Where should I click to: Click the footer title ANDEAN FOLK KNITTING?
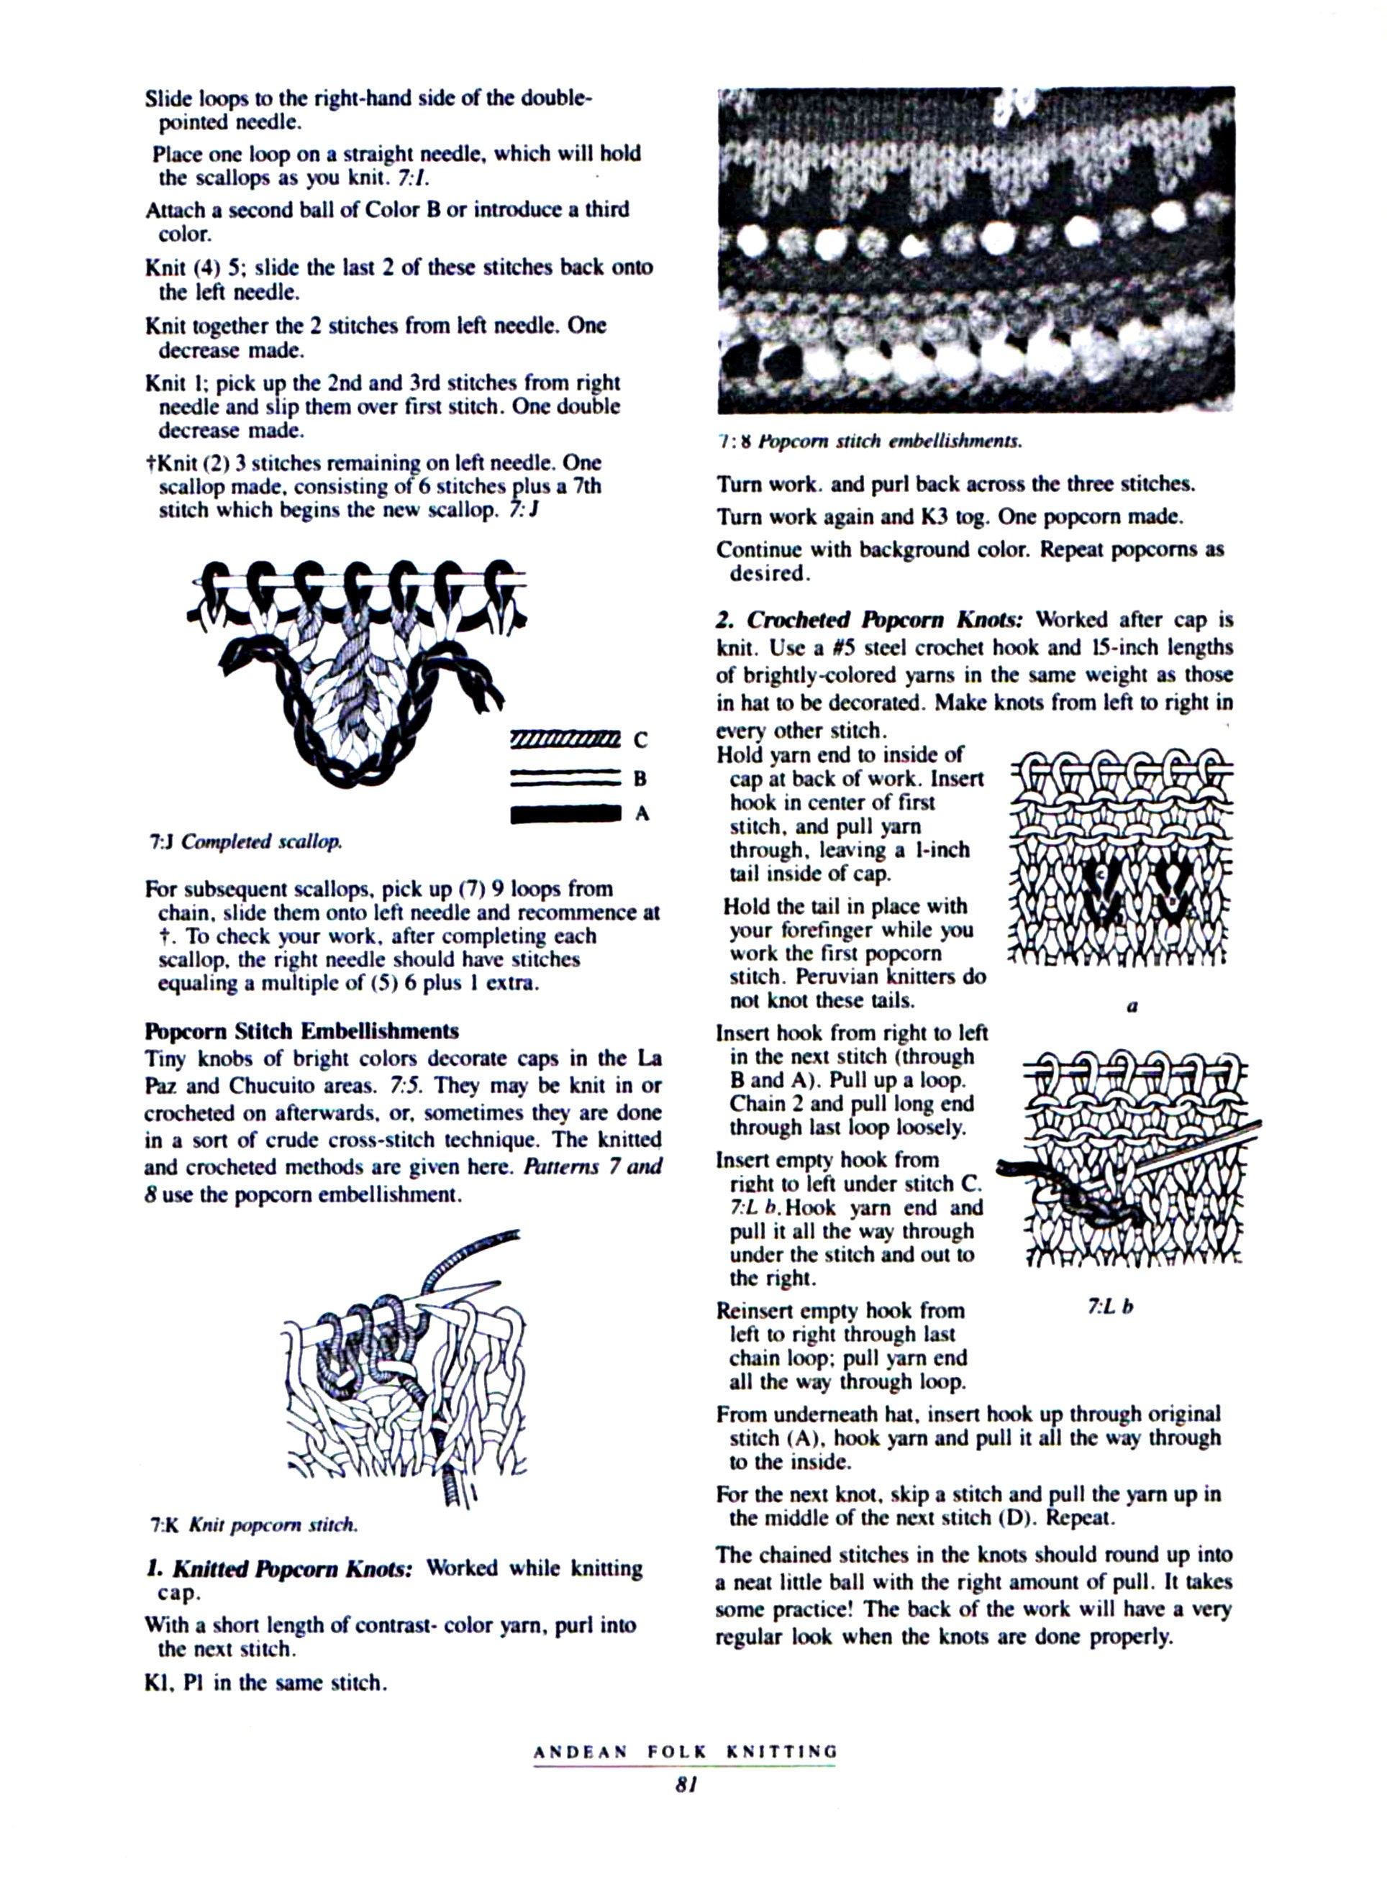pyautogui.click(x=685, y=1752)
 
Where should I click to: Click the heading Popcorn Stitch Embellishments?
pyautogui.click(x=301, y=1030)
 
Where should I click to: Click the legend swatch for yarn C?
pyautogui.click(x=564, y=739)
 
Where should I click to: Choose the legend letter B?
pyautogui.click(x=640, y=778)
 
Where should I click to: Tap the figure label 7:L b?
pyautogui.click(x=1110, y=1307)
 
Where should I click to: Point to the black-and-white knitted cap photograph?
pyautogui.click(x=976, y=250)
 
